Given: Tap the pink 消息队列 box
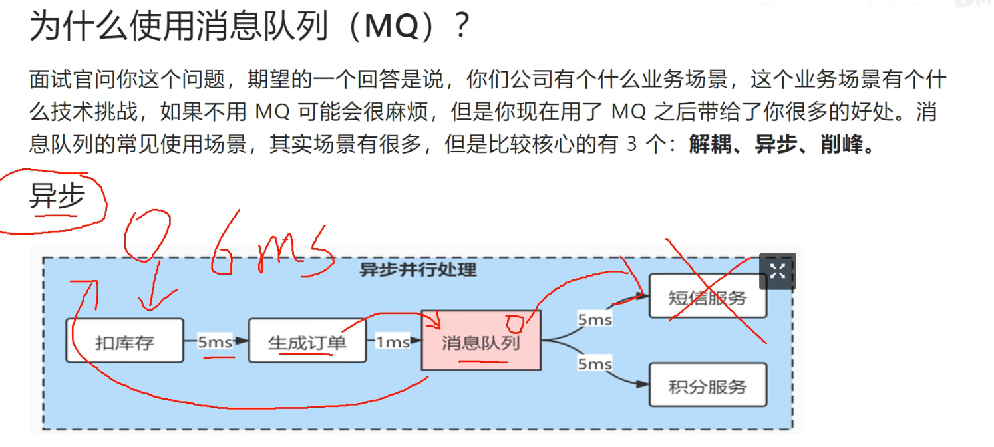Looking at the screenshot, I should point(481,341).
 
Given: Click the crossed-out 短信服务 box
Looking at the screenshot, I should point(707,297).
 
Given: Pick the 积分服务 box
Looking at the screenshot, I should point(707,386).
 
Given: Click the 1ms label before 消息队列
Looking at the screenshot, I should point(393,341).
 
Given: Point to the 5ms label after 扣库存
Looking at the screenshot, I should point(214,341).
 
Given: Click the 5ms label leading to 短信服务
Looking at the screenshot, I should point(594,320).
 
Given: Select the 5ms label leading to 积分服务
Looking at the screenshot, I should point(594,364).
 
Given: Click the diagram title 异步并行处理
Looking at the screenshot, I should point(418,269).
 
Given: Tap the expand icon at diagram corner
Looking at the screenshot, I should point(777,271).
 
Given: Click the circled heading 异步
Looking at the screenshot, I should point(57,196).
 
